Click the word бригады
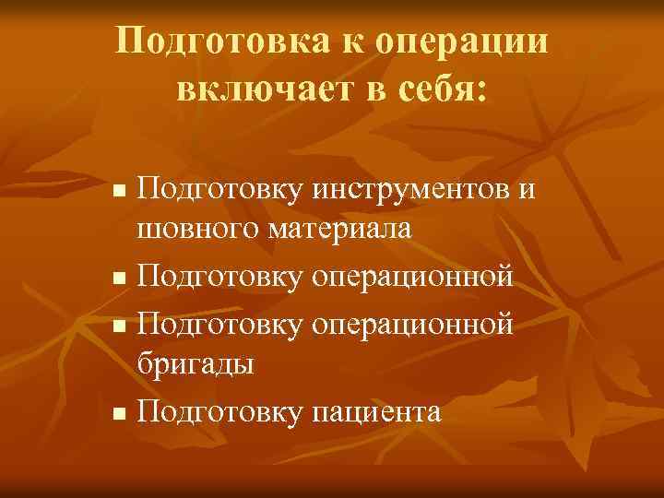pyautogui.click(x=195, y=362)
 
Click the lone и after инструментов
pyautogui.click(x=526, y=190)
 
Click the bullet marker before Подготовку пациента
pyautogui.click(x=116, y=413)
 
